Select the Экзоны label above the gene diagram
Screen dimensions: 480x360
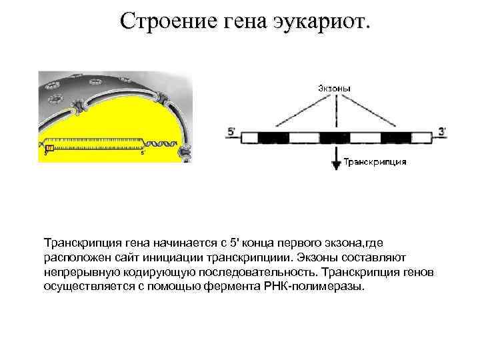pyautogui.click(x=333, y=88)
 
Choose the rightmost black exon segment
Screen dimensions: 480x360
pyautogui.click(x=395, y=137)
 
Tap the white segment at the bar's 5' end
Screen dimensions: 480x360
pyautogui.click(x=248, y=137)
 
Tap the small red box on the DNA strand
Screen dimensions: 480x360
pyautogui.click(x=49, y=146)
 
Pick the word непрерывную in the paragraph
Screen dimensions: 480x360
pyautogui.click(x=77, y=271)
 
